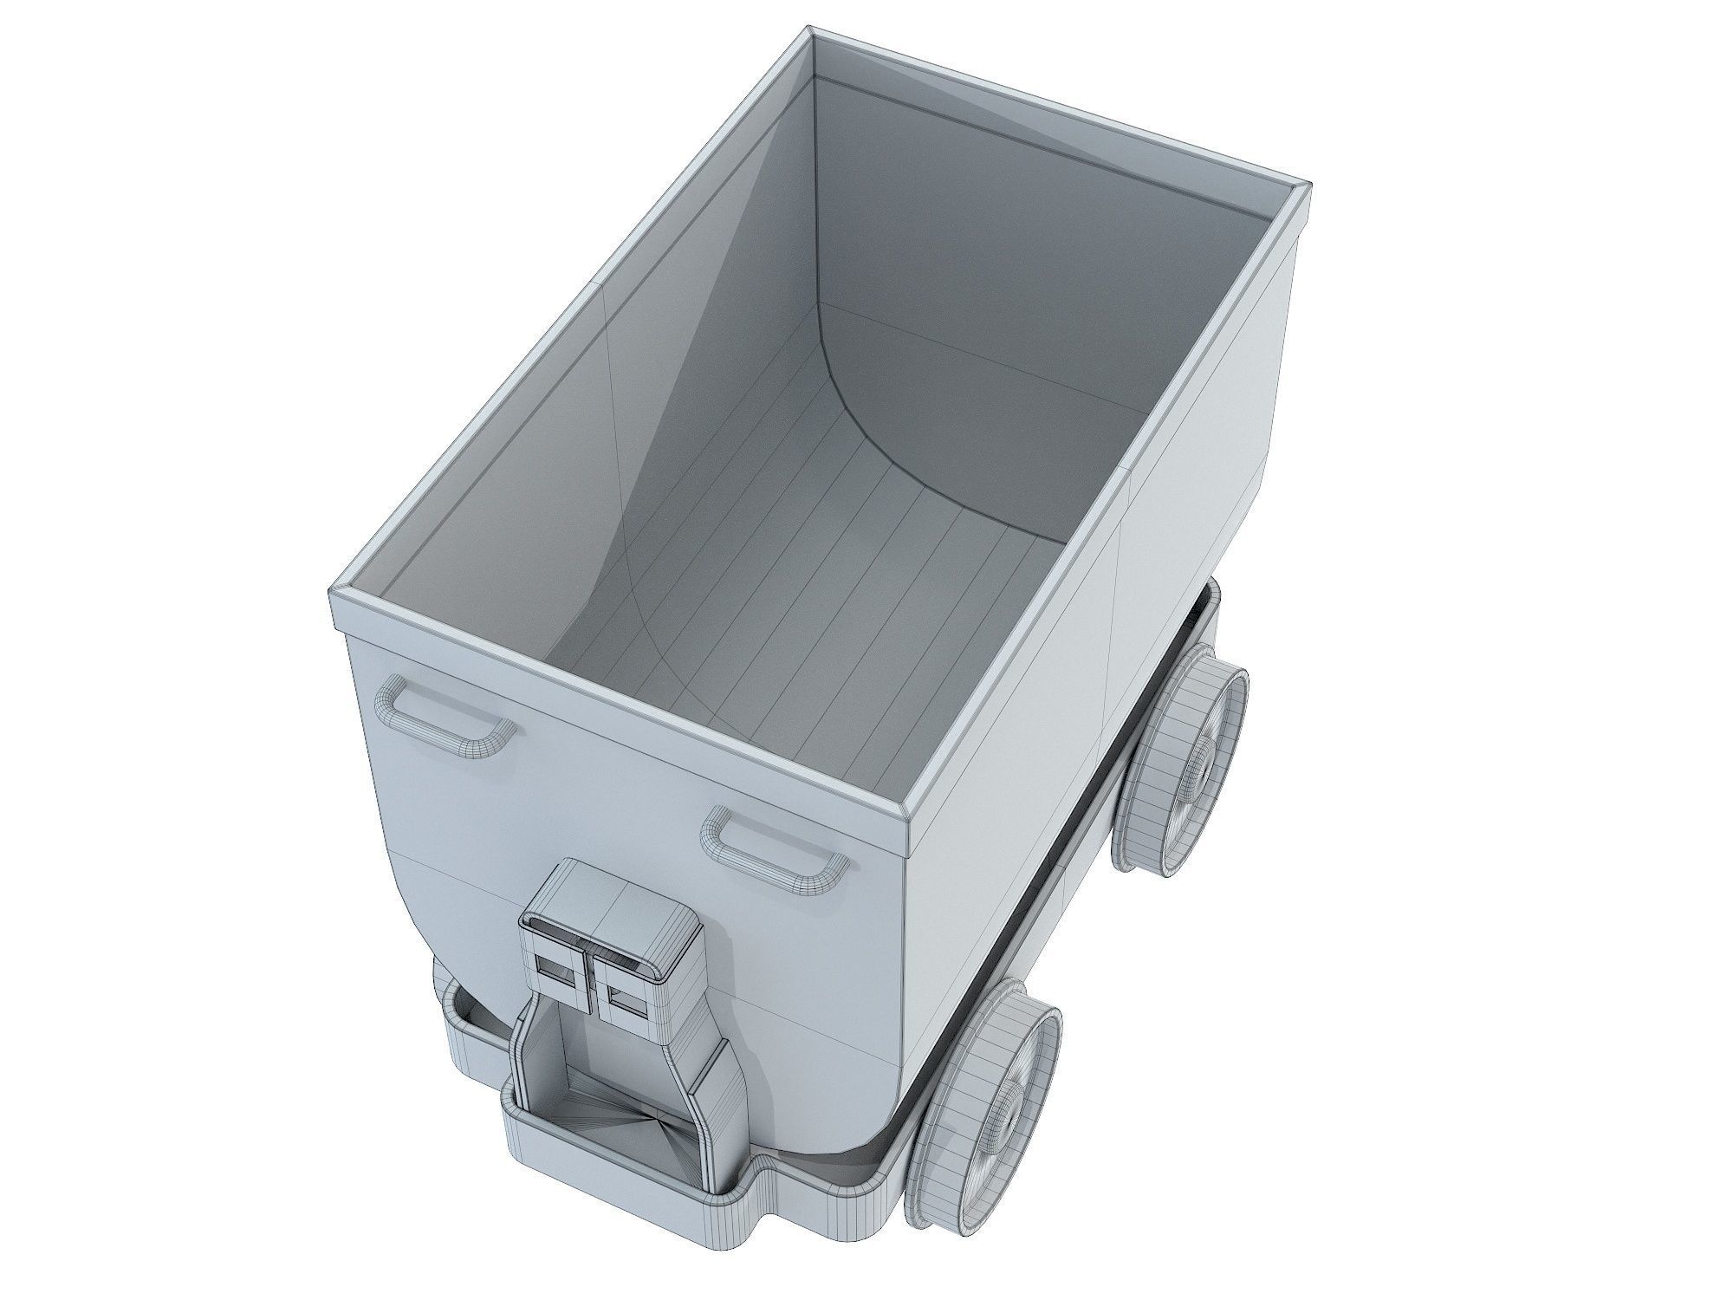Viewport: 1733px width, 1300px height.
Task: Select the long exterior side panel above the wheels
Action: (x=1083, y=650)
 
